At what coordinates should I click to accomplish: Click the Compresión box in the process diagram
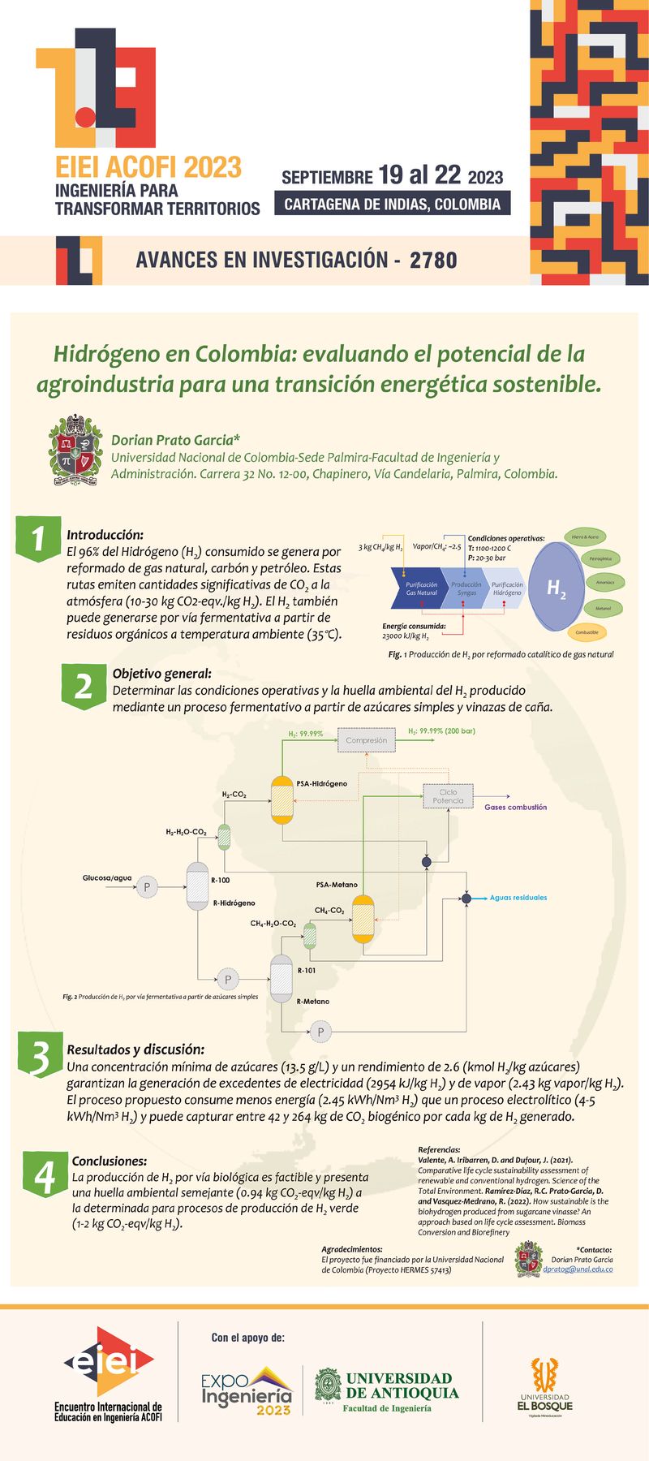click(367, 740)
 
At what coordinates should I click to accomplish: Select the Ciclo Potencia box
click(448, 796)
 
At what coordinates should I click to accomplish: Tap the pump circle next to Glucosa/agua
click(147, 887)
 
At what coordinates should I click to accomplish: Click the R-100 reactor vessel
click(198, 886)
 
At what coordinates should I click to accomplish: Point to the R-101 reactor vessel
click(281, 977)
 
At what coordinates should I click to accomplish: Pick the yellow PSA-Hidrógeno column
click(282, 799)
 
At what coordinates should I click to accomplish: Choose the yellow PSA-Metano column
click(363, 918)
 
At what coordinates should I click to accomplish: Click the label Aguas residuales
click(518, 898)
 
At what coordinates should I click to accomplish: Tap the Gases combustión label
click(515, 808)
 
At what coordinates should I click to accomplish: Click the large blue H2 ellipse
click(556, 588)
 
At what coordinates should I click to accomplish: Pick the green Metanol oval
click(603, 608)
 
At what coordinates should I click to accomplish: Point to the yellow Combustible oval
click(587, 632)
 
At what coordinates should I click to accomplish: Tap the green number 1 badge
click(38, 537)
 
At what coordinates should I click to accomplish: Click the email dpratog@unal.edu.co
click(578, 1269)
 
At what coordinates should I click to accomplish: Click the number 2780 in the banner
click(433, 261)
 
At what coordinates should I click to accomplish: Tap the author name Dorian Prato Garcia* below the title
click(176, 440)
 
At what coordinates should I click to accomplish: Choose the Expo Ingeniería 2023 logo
click(247, 1391)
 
